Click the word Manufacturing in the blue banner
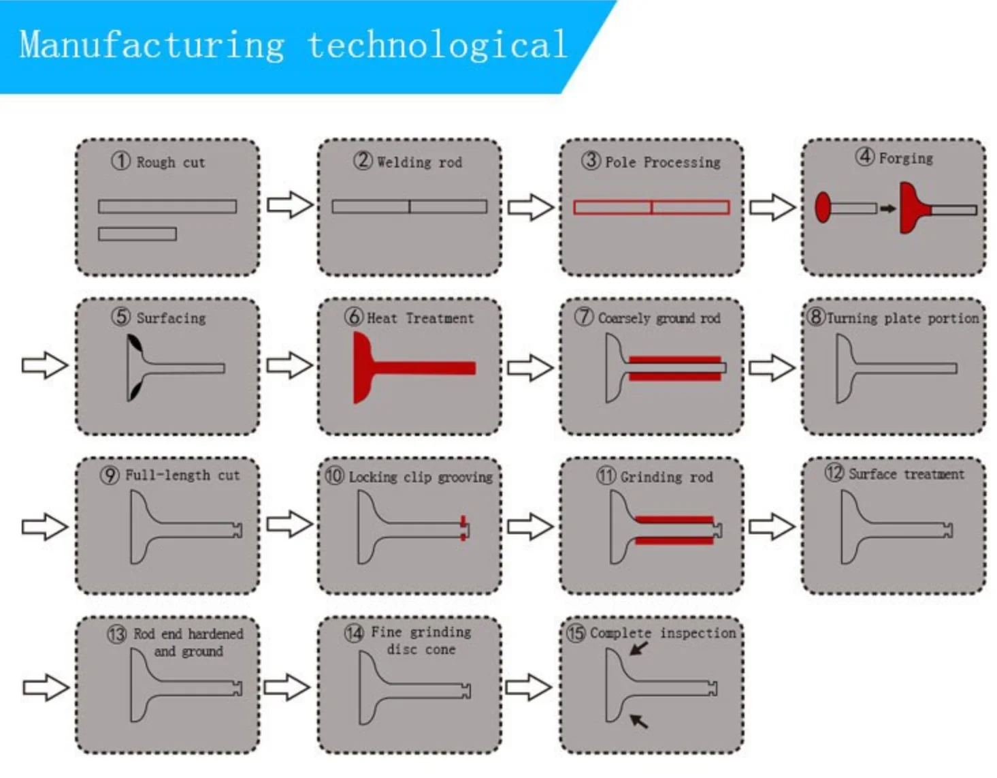click(x=152, y=46)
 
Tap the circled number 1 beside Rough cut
click(x=120, y=161)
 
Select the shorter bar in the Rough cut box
click(x=137, y=234)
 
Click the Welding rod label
click(x=419, y=162)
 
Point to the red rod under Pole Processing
click(x=651, y=207)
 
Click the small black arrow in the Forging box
click(x=887, y=208)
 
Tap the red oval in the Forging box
click(x=823, y=207)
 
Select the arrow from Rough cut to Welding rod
click(x=290, y=204)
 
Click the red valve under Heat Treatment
click(x=408, y=368)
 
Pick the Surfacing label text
click(x=171, y=318)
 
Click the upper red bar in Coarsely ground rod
click(x=674, y=359)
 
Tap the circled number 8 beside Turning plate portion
click(x=815, y=317)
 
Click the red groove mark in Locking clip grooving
click(x=463, y=529)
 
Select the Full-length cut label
click(x=182, y=476)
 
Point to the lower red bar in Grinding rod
click(x=674, y=541)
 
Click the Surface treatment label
click(x=906, y=474)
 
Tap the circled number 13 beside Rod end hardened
click(x=117, y=634)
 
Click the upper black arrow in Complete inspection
click(x=638, y=647)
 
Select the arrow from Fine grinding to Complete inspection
click(x=529, y=687)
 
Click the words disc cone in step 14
click(x=421, y=650)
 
